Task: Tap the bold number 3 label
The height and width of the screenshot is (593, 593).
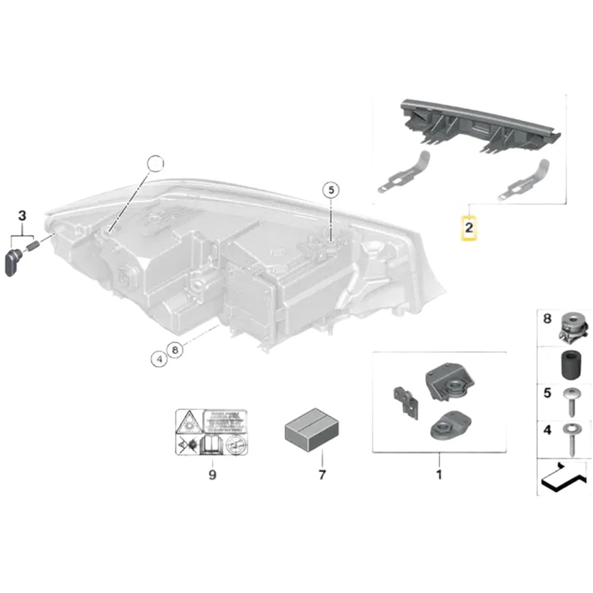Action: coord(22,216)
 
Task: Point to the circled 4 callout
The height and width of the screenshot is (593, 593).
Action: coord(158,358)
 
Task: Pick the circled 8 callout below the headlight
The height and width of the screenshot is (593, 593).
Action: coord(174,350)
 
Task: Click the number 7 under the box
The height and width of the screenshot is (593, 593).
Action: coord(322,475)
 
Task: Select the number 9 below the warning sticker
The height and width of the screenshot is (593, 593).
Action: coord(212,475)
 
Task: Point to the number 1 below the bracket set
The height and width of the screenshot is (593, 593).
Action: coord(439,475)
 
